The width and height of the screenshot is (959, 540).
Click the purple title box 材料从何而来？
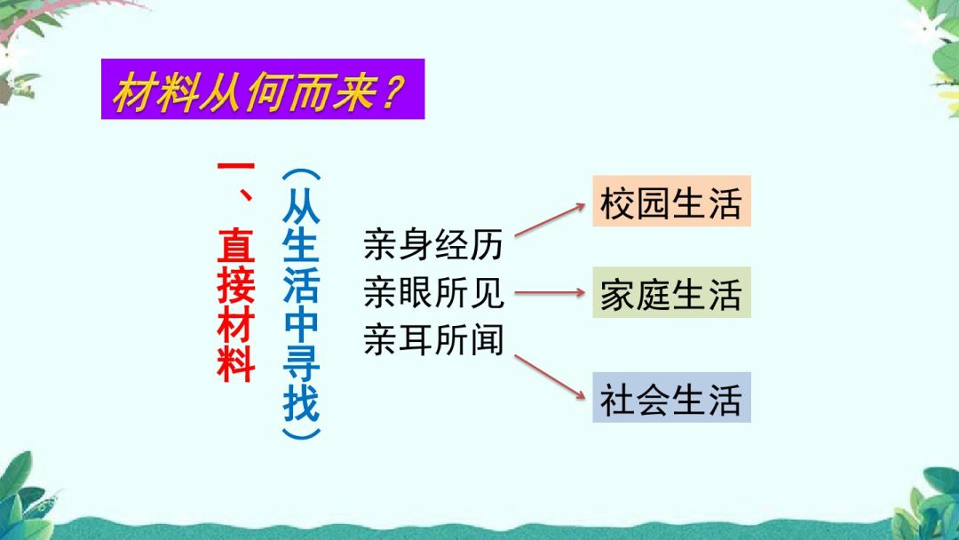pos(263,89)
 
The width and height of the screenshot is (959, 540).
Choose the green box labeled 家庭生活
pos(671,292)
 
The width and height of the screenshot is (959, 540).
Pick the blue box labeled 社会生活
pos(671,397)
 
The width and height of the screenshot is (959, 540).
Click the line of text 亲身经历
pos(433,244)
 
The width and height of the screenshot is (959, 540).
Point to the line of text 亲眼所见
pos(433,292)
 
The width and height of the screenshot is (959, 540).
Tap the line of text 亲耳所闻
pos(433,340)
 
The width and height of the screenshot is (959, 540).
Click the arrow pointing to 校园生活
pos(550,218)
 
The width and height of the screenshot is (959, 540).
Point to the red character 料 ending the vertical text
pos(236,363)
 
